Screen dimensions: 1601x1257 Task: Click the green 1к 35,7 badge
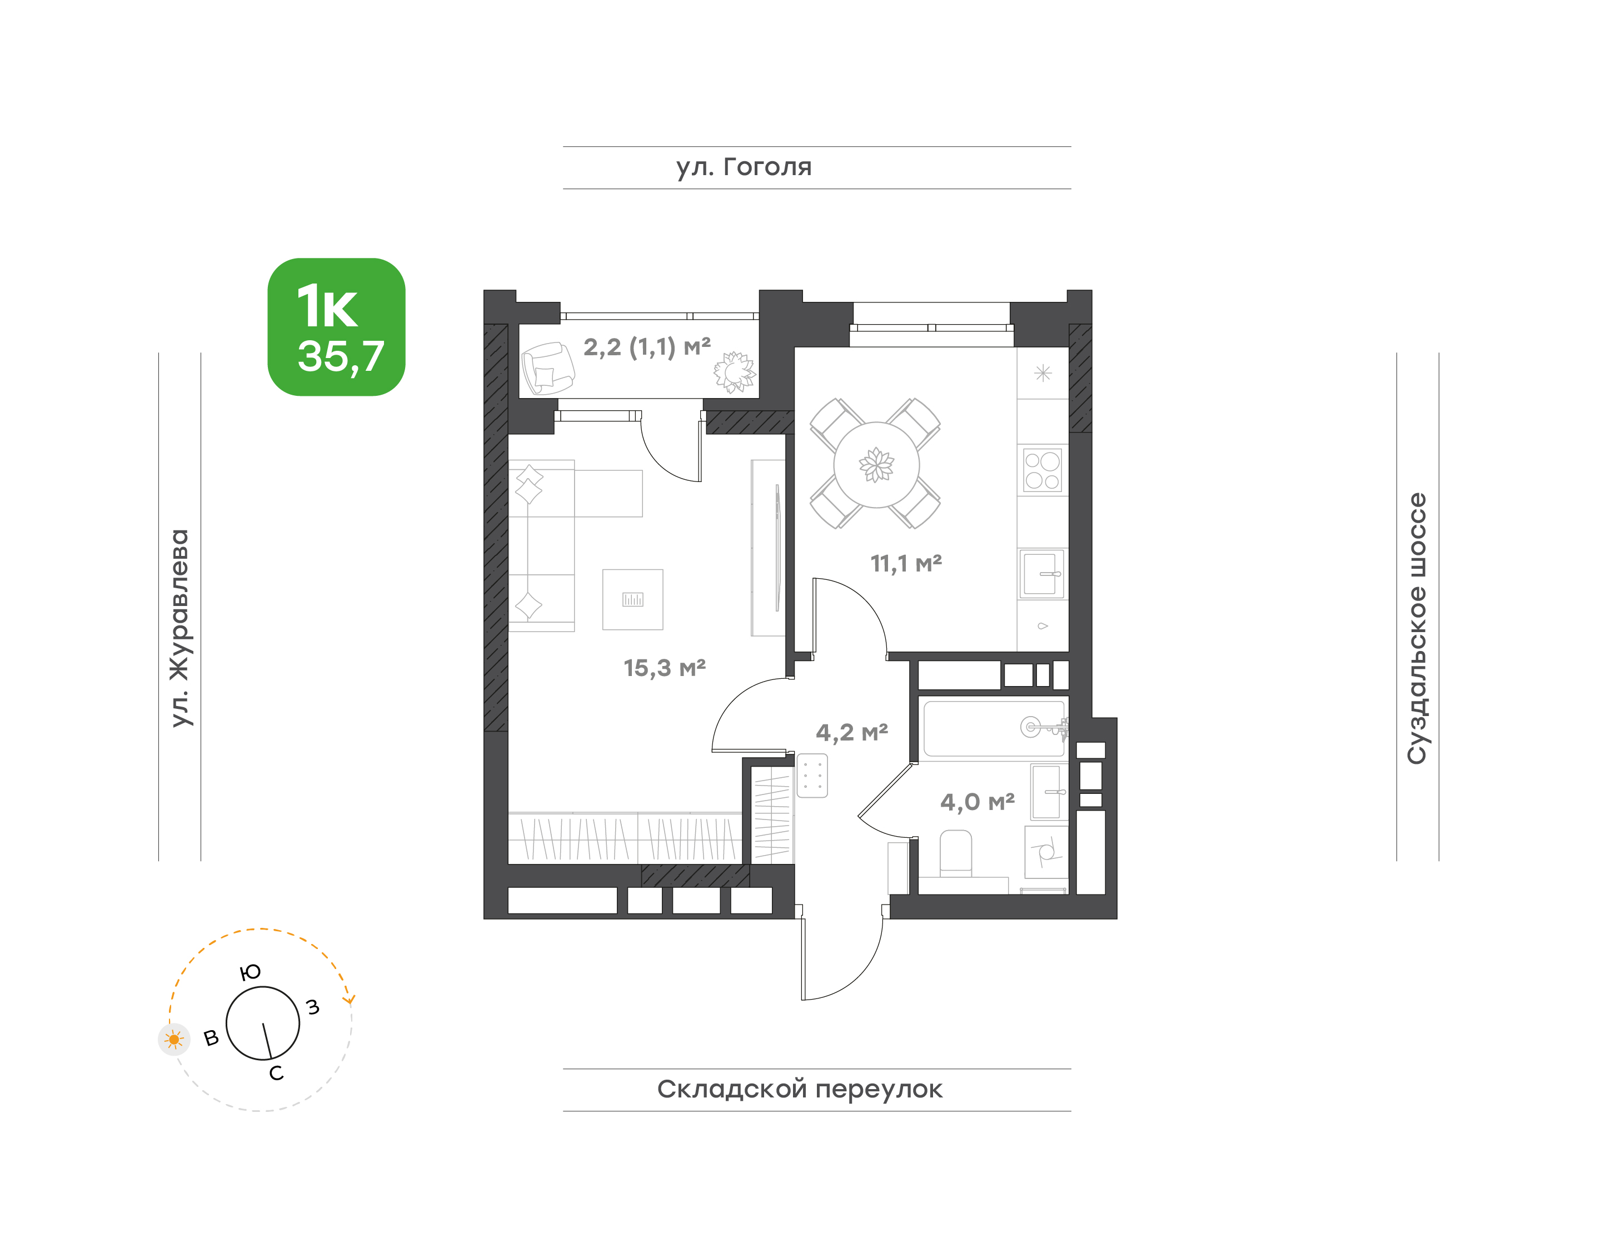coord(336,327)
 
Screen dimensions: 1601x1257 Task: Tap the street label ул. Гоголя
coord(744,167)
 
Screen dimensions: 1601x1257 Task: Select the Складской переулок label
coord(799,1089)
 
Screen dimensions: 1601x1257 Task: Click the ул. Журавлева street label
coord(179,628)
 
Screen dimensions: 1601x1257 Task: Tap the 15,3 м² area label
coord(665,668)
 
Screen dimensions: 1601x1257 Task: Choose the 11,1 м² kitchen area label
coord(906,564)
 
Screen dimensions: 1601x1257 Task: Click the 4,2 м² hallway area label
coord(851,732)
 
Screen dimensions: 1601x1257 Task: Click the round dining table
coord(876,464)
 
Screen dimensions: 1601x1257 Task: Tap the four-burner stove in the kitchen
coord(1043,470)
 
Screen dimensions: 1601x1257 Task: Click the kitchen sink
coord(1042,573)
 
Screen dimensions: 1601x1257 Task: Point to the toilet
coord(956,854)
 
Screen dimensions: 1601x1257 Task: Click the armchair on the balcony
coord(547,368)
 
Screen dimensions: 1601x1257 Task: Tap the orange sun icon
coord(174,1040)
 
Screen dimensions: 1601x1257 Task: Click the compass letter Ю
coord(251,973)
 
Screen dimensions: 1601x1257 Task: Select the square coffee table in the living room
coord(633,599)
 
